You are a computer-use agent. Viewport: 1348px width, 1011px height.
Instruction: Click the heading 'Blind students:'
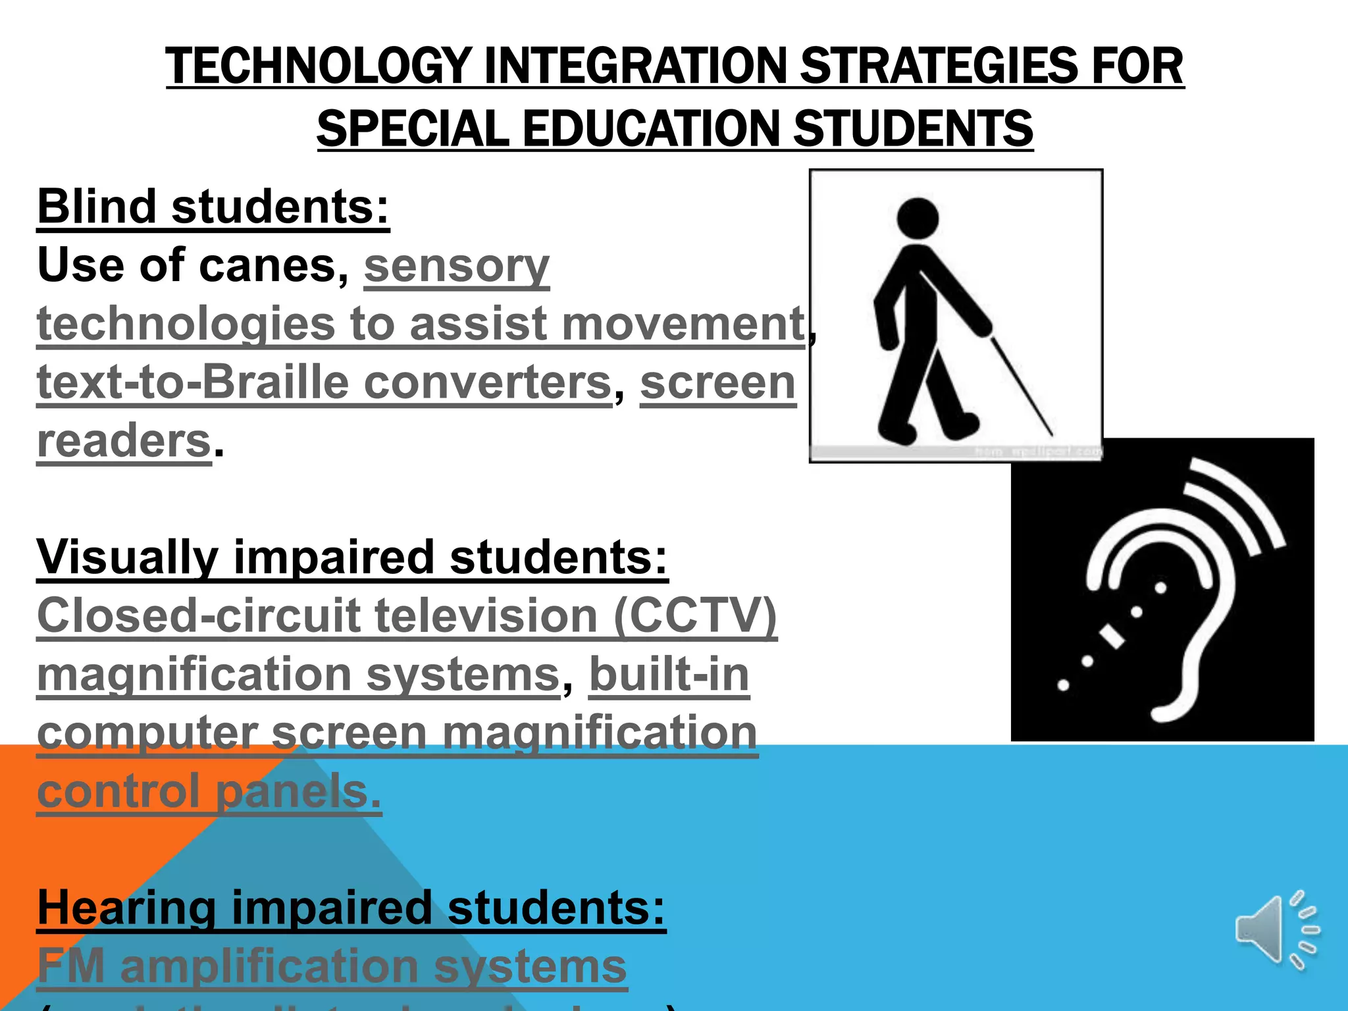(x=213, y=207)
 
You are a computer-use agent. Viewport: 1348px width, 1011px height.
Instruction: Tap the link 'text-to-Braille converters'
(x=324, y=382)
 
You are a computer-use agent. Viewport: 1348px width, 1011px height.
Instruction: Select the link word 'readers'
(x=124, y=440)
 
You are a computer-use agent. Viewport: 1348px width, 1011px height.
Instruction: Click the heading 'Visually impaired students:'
(x=352, y=557)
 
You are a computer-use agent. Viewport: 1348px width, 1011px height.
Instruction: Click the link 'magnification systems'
(x=298, y=675)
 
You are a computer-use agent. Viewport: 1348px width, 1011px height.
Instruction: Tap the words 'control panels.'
(x=209, y=791)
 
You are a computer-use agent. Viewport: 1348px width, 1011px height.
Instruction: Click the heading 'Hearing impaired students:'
(x=351, y=908)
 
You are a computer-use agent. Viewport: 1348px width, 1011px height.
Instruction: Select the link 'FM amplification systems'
(x=332, y=966)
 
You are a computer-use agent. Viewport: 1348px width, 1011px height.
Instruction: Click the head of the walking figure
(x=918, y=219)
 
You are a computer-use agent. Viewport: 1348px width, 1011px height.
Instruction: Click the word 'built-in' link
(x=669, y=675)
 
